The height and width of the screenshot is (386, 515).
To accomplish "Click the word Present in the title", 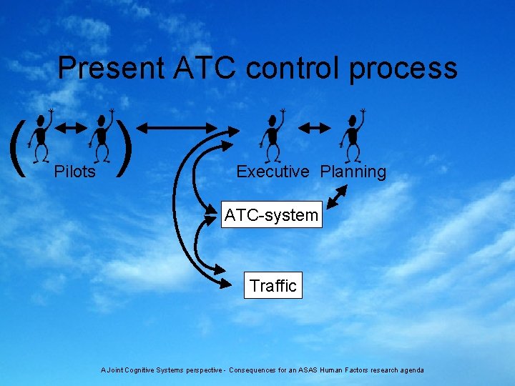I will [110, 68].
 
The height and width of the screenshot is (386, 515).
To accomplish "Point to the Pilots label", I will [75, 172].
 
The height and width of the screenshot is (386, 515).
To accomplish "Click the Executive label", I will [273, 172].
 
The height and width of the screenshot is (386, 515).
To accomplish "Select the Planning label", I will [353, 172].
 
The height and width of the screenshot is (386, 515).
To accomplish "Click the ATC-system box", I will [271, 214].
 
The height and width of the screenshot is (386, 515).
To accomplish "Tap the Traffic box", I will [273, 285].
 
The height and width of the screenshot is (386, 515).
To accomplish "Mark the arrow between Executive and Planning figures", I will [313, 128].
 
